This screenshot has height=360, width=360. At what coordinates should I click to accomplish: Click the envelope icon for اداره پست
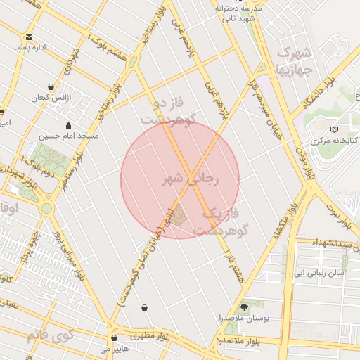click(x=29, y=37)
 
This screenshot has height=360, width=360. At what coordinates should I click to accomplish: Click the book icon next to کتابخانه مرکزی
click(x=333, y=129)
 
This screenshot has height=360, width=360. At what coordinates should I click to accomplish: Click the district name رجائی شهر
click(x=192, y=179)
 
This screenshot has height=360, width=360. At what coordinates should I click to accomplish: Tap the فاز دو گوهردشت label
click(x=166, y=112)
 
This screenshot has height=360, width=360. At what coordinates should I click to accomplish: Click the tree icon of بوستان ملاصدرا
click(x=245, y=307)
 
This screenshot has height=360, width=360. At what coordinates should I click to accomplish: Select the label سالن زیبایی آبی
click(x=319, y=271)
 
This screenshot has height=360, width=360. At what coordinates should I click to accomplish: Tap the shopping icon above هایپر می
click(x=114, y=337)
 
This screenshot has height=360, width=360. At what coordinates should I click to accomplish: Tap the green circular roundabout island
click(x=46, y=208)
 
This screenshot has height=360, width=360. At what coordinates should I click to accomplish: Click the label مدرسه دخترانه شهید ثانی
click(x=237, y=13)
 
